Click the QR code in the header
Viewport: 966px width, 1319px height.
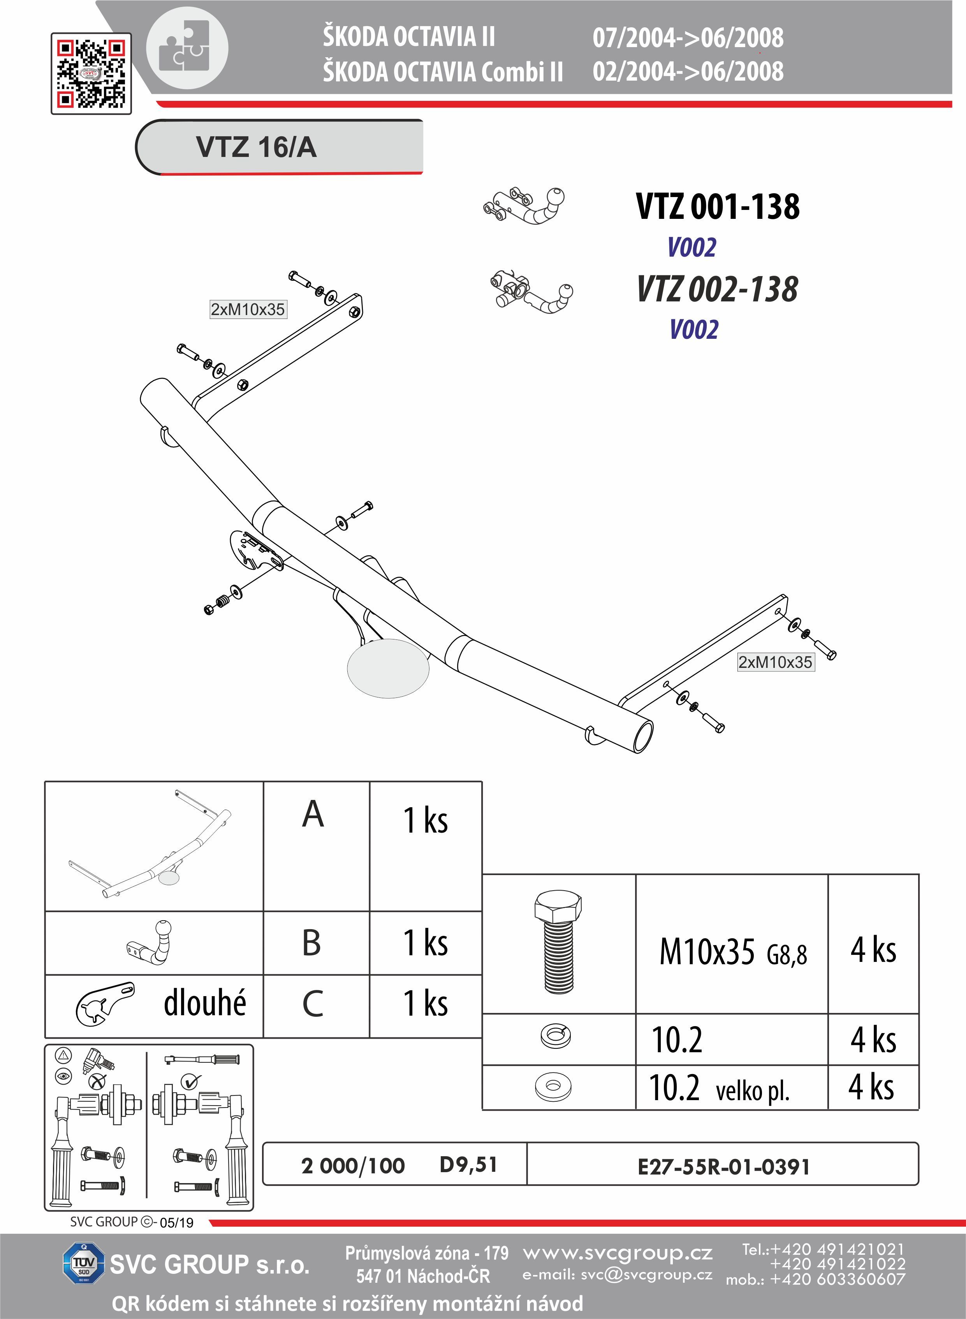[x=91, y=74]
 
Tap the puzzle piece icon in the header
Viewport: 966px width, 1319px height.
[x=187, y=48]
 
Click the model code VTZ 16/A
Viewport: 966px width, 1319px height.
[x=256, y=147]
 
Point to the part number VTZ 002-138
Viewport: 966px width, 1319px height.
[x=718, y=289]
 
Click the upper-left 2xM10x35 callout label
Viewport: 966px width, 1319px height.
[x=248, y=310]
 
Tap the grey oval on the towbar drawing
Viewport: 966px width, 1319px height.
[x=388, y=668]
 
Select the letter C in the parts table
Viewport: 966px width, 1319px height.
[x=313, y=1004]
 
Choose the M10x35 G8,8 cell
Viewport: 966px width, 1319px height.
[x=733, y=952]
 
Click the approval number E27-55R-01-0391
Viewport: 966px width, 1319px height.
[x=723, y=1167]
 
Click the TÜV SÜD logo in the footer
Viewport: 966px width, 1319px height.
[x=84, y=1264]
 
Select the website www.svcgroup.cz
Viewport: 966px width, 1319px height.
[x=618, y=1252]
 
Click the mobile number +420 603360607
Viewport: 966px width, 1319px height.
[x=838, y=1279]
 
